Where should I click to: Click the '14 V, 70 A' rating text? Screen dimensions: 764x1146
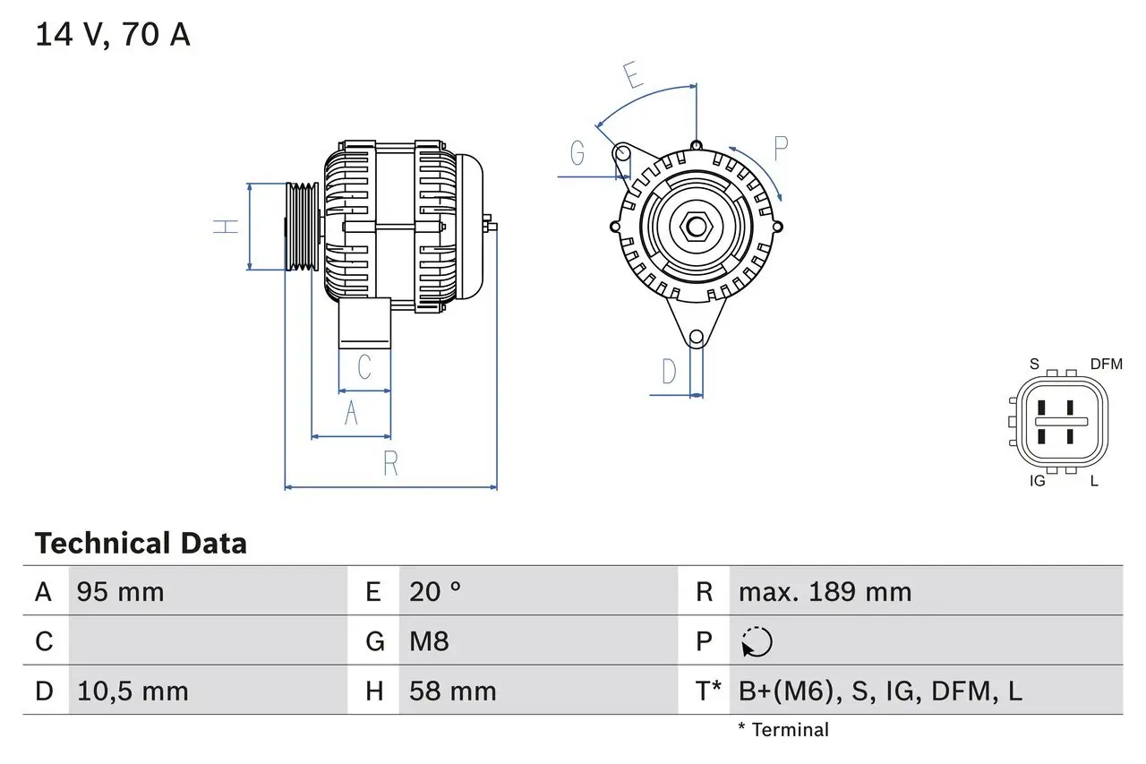coord(112,35)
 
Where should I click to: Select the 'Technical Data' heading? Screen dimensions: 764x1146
coord(141,544)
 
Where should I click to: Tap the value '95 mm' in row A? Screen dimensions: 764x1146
coord(120,592)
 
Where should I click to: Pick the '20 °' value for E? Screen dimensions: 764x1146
coord(435,592)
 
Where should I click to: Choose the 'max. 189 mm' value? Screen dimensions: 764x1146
coord(825,592)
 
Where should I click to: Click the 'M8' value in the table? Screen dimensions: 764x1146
coord(429,641)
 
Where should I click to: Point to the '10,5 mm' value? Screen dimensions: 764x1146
coord(133,691)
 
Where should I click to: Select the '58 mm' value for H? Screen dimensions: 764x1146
coord(452,691)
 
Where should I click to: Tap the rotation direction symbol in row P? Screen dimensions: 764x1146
coord(757,641)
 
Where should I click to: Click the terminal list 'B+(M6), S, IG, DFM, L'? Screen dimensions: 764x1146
coord(880,691)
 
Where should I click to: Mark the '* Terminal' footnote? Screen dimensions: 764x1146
coord(783,730)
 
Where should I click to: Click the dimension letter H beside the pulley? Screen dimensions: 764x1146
coord(227,227)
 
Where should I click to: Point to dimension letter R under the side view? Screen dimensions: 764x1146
coord(390,464)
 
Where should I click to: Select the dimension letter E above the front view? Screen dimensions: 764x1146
coord(634,75)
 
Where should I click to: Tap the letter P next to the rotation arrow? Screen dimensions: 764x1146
coord(781,149)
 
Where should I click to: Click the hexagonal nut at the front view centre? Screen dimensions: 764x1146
coord(696,226)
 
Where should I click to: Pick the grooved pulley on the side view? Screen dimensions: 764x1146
coord(302,227)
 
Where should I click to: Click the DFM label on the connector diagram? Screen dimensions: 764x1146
coord(1106,364)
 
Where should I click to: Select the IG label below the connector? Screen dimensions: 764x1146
coord(1038,481)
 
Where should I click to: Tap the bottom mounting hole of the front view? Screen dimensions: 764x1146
coord(696,338)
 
